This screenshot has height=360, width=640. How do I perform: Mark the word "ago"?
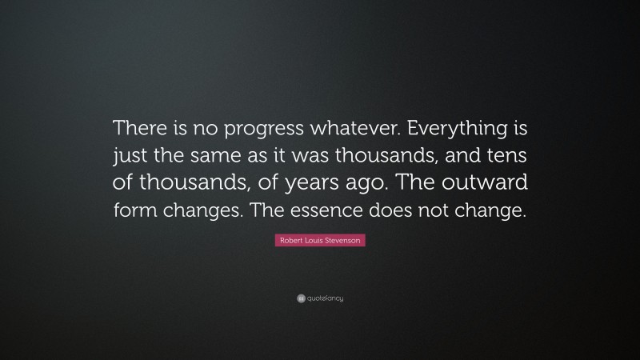[x=352, y=184]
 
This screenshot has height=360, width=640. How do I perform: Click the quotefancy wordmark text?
[x=324, y=298]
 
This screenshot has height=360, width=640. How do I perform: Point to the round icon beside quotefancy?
[x=300, y=298]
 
